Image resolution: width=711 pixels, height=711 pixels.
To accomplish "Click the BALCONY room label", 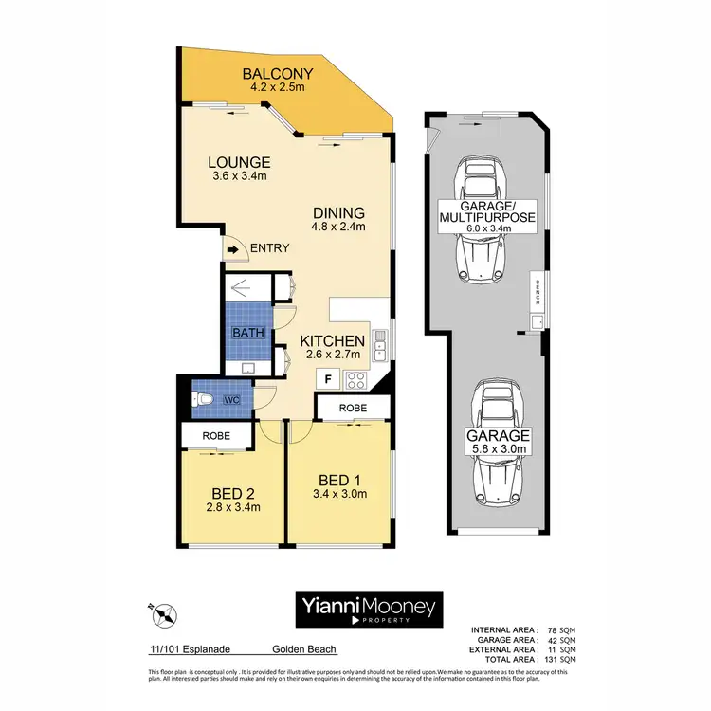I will [278, 74].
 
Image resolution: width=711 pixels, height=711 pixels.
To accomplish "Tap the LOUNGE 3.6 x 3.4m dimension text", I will [240, 177].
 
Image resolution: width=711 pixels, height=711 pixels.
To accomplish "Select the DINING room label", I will [339, 212].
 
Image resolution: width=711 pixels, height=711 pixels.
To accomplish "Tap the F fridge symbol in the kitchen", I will [327, 378].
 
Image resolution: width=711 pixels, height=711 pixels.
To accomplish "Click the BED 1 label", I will [339, 480].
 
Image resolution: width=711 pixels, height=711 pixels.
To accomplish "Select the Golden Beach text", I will [303, 650].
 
